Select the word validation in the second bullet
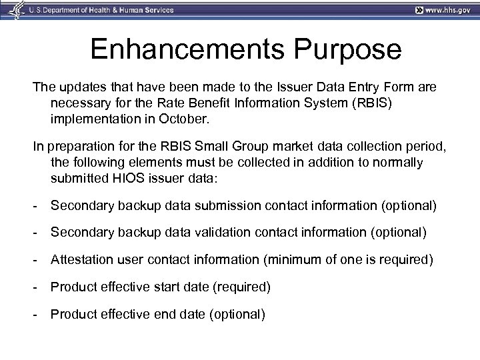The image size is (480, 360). click(x=224, y=233)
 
